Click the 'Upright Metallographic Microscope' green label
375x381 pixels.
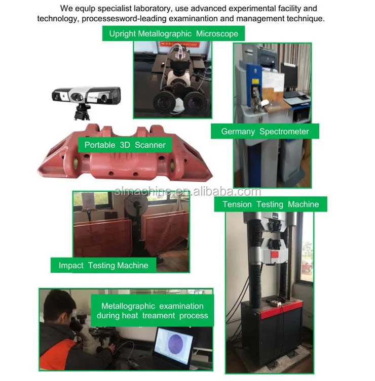[173, 33]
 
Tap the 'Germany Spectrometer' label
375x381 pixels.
[265, 132]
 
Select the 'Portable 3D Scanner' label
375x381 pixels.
[125, 145]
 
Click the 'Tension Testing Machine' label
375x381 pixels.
[271, 204]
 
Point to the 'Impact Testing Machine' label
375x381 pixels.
[103, 265]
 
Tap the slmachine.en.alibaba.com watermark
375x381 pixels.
[188, 192]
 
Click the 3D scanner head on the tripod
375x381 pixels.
[86, 96]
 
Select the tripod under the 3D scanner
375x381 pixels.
[82, 112]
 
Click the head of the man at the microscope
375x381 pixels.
[59, 306]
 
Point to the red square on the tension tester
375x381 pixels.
[275, 255]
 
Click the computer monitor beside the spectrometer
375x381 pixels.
[289, 75]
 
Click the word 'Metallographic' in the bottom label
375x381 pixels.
[128, 306]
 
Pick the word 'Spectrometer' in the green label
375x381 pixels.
[284, 132]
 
